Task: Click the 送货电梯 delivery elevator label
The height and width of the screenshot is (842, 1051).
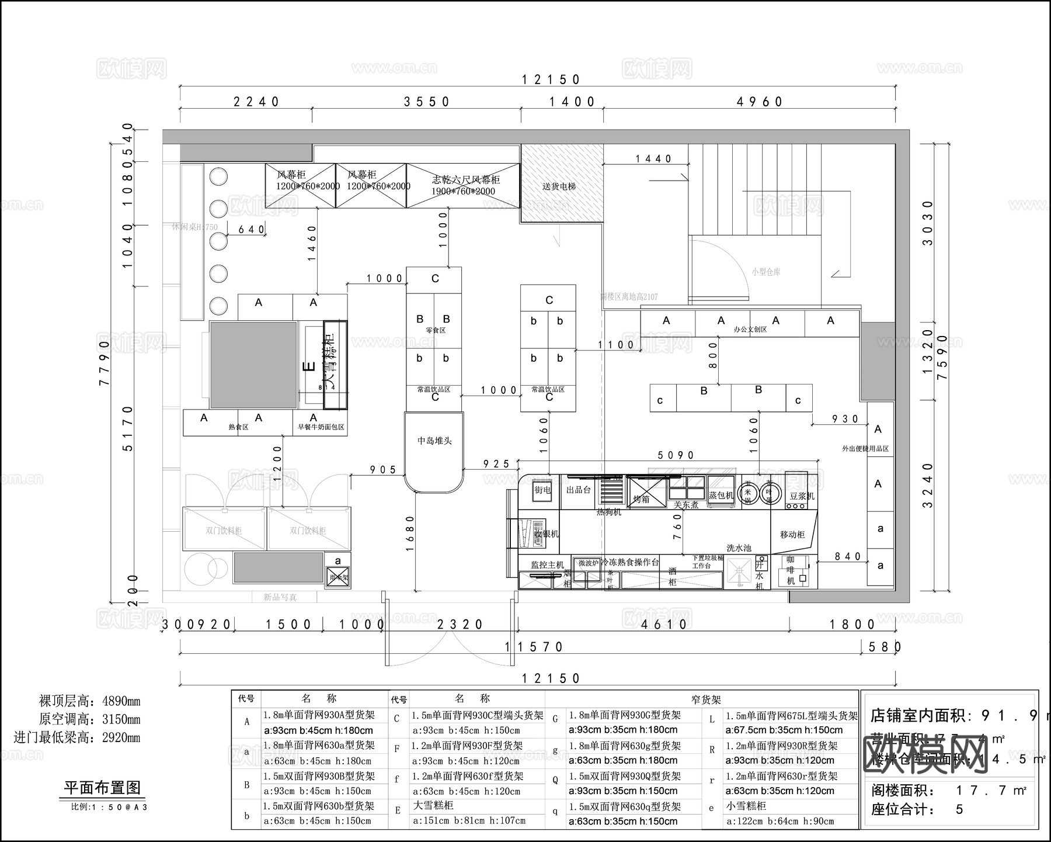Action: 559,186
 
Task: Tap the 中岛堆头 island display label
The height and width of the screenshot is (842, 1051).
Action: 434,441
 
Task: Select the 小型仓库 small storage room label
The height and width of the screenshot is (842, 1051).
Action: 765,272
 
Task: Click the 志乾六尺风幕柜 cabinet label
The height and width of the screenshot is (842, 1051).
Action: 465,180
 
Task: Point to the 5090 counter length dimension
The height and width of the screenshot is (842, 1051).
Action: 676,455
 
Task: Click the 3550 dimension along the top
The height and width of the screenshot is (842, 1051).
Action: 427,102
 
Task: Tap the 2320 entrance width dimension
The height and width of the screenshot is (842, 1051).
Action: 460,624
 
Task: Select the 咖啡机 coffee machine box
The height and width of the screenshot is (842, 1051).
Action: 793,571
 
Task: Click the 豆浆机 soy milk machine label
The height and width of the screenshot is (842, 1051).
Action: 802,496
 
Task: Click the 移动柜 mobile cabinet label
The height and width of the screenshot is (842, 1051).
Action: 792,534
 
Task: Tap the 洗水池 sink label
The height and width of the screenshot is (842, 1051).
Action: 739,548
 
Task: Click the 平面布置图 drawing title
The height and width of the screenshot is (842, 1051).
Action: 102,787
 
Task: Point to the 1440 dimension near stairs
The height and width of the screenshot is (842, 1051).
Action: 653,158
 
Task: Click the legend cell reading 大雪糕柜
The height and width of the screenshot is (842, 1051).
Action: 432,805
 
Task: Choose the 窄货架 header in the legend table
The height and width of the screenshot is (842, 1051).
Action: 705,699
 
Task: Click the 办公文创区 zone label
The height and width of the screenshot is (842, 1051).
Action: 750,330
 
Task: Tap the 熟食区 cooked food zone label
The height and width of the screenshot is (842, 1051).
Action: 238,427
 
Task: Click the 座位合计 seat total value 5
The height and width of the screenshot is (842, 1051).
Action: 959,809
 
